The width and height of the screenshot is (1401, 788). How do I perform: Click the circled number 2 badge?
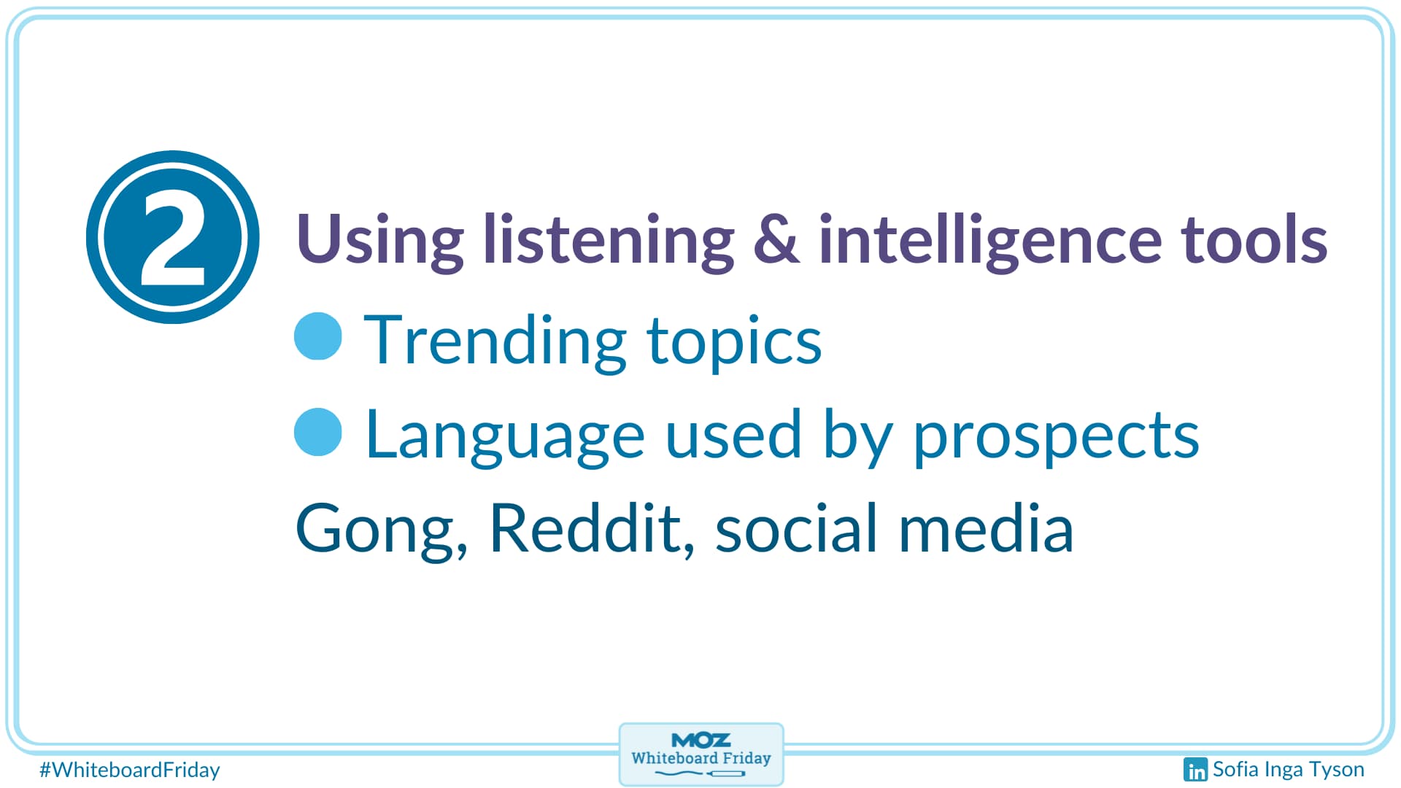coord(173,237)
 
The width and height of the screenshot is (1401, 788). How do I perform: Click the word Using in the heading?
coord(379,240)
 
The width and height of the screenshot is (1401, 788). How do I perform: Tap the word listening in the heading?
coord(609,240)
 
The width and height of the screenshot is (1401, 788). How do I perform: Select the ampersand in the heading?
coord(776,239)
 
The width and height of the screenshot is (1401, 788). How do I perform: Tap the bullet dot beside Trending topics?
coord(318,336)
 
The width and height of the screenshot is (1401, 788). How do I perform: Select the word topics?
coord(734,343)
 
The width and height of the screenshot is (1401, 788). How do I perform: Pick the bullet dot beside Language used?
coord(318,432)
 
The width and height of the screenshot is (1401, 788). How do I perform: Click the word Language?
coord(505,436)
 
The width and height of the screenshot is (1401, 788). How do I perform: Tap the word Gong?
coord(381,530)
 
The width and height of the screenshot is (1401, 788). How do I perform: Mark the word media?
coord(986,528)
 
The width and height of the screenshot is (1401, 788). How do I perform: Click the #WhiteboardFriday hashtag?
coord(130,770)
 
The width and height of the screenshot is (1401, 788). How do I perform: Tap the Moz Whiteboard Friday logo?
coord(701,754)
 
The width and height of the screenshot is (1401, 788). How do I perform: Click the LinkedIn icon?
coord(1195,770)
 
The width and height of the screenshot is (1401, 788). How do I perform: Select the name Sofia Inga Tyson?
coord(1289,770)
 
